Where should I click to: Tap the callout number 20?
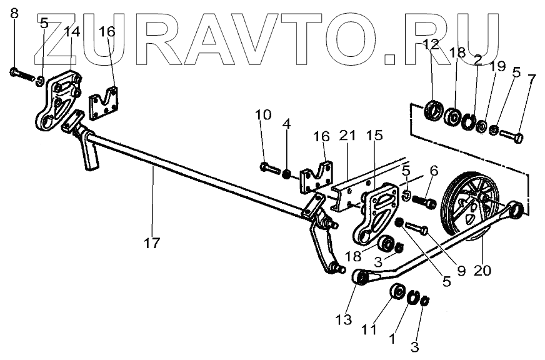pyautogui.click(x=482, y=271)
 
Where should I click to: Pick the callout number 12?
pyautogui.click(x=431, y=44)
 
